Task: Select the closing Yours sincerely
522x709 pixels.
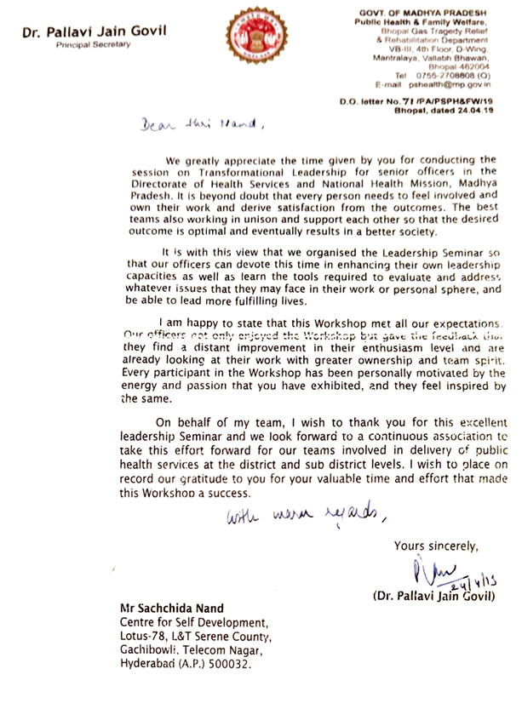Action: [436, 546]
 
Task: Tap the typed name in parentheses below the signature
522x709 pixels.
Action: [433, 595]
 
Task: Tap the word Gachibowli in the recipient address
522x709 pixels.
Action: [148, 648]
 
